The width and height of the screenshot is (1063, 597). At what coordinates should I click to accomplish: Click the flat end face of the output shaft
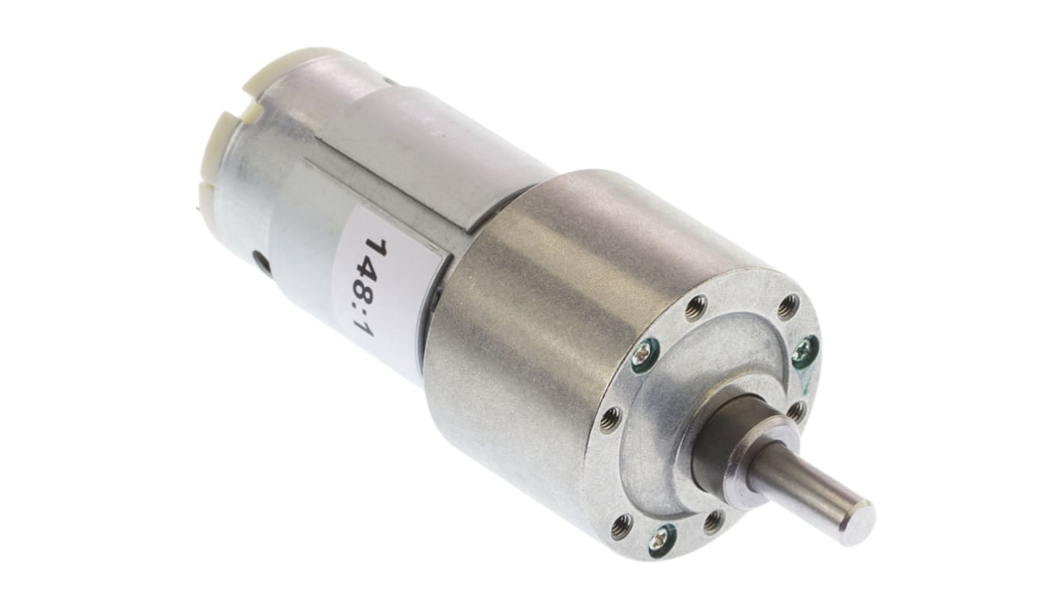click(856, 521)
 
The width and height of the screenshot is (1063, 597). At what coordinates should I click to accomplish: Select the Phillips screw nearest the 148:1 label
click(645, 356)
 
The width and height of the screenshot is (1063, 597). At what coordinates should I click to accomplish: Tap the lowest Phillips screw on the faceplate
click(663, 536)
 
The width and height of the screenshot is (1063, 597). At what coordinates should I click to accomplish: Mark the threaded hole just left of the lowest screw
click(621, 527)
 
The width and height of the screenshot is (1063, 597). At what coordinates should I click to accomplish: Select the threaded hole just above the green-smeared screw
click(788, 307)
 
